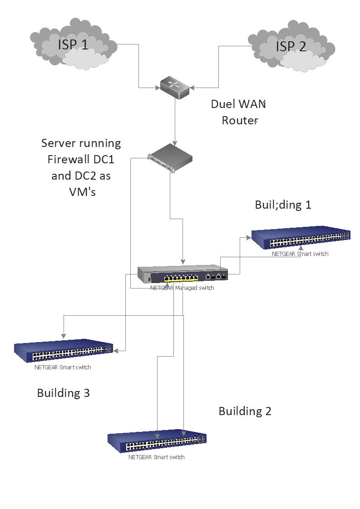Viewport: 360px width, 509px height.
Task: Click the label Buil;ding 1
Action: click(x=283, y=205)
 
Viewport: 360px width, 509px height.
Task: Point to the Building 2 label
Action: click(x=245, y=411)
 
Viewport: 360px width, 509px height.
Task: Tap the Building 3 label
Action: click(x=63, y=393)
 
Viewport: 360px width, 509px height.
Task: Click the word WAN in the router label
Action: click(x=251, y=104)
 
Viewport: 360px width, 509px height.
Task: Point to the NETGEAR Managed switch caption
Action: click(x=182, y=288)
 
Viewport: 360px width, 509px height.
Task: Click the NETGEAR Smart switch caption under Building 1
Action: click(x=300, y=254)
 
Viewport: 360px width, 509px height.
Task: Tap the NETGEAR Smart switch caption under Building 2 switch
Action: click(x=157, y=457)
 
